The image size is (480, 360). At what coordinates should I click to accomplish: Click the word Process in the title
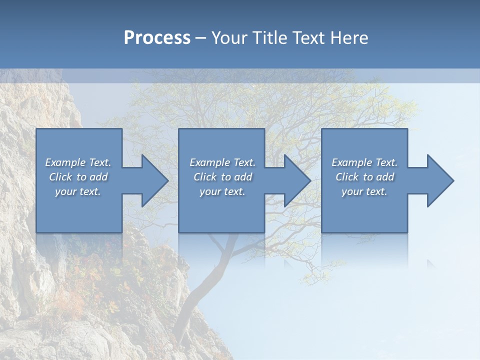point(157,38)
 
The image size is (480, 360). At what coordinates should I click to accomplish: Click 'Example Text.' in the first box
point(78,162)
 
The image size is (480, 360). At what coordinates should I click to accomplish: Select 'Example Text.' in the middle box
point(222,162)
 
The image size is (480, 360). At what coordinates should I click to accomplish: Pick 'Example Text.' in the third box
point(364,162)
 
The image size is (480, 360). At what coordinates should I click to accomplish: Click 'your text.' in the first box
point(78,191)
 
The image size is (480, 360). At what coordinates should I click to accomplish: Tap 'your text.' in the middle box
point(222,191)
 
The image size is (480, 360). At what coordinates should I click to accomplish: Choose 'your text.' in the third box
point(364,191)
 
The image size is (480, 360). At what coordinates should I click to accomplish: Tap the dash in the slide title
point(200,38)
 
